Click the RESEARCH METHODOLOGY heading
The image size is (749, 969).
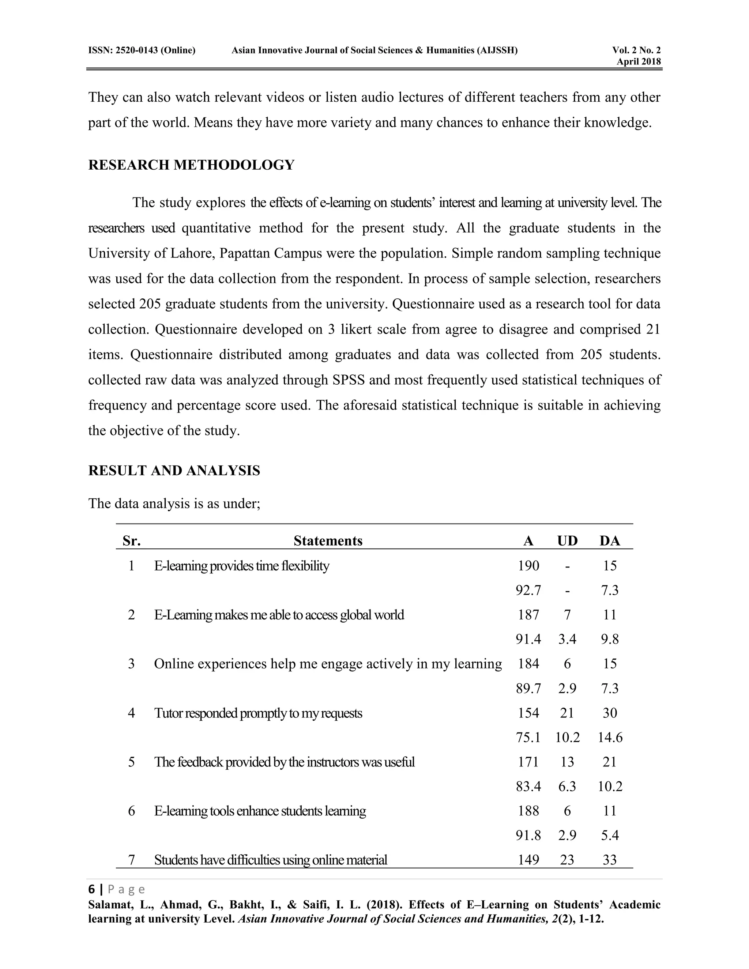(x=191, y=165)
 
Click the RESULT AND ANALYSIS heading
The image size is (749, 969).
(x=174, y=471)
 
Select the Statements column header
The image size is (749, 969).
(x=328, y=541)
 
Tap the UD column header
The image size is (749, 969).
(x=567, y=541)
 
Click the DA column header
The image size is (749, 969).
(x=610, y=541)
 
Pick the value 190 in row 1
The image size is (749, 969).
(x=528, y=566)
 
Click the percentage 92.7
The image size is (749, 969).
(x=528, y=591)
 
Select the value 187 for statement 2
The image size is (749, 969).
(x=528, y=615)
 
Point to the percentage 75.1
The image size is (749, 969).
(x=528, y=738)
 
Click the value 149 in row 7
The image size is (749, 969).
(x=528, y=860)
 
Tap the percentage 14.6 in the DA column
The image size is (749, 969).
(x=610, y=738)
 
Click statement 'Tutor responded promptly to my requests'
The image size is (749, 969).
(x=258, y=713)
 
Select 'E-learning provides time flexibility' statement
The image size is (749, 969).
(x=241, y=566)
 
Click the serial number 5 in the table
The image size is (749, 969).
(x=131, y=762)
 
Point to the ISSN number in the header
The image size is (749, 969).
(x=142, y=50)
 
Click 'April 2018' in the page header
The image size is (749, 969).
(x=638, y=62)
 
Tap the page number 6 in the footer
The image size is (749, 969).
(x=92, y=889)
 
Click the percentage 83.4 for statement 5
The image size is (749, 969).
(x=528, y=787)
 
